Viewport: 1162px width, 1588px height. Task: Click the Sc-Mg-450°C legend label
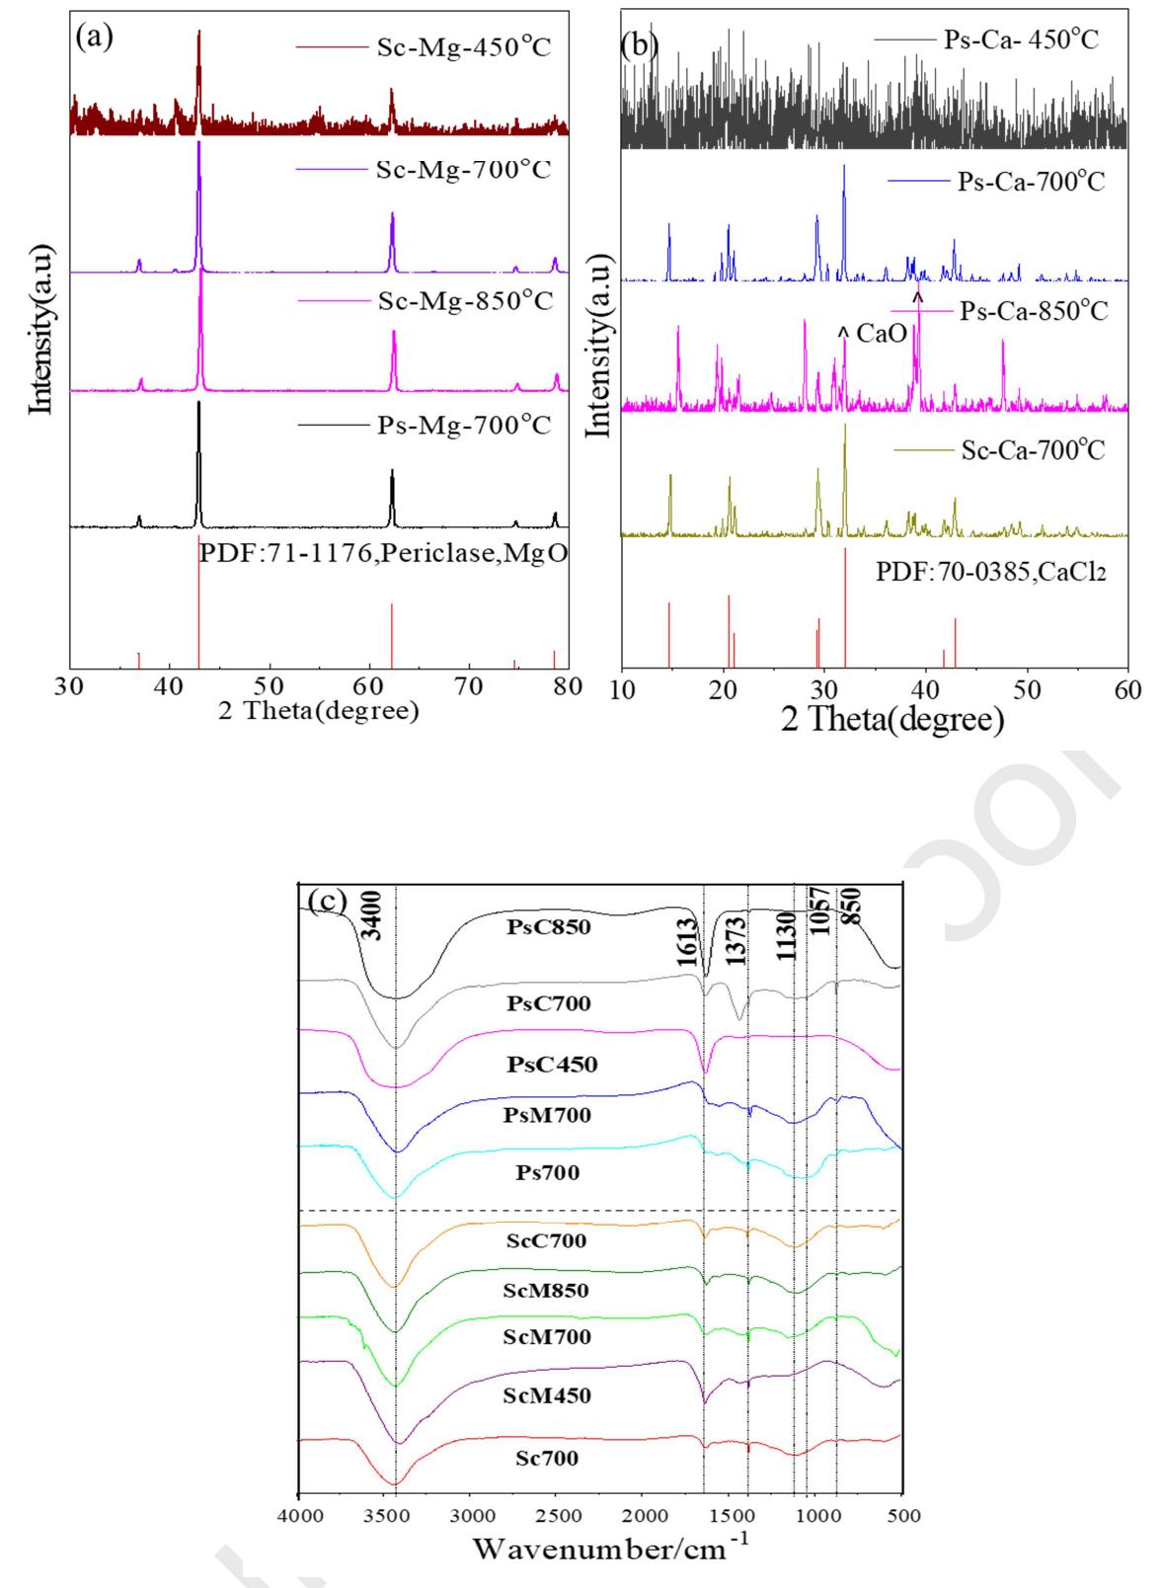pos(462,46)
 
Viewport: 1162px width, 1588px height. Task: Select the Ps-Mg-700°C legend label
pos(463,426)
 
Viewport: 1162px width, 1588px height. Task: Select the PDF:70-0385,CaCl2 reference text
pos(990,573)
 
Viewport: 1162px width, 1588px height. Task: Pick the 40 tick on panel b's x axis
pos(925,690)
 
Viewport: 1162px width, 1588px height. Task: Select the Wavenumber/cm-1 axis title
pos(612,1548)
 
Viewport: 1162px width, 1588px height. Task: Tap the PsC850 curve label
pos(549,927)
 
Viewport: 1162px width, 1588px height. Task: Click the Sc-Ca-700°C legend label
pos(1033,450)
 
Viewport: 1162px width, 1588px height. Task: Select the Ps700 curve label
pos(547,1173)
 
